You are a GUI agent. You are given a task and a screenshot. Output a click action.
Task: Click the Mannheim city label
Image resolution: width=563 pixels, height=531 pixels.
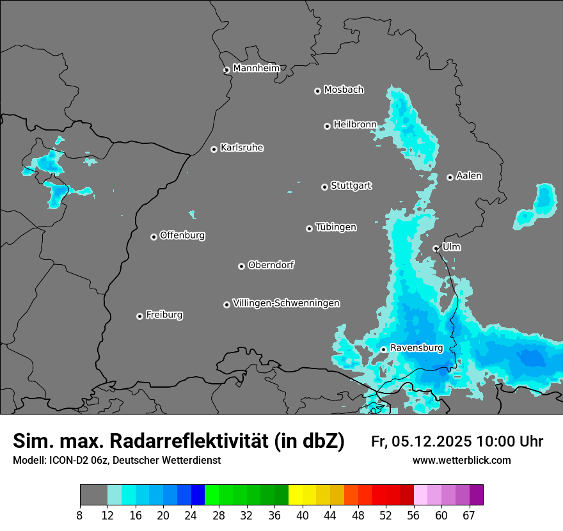[x=256, y=68]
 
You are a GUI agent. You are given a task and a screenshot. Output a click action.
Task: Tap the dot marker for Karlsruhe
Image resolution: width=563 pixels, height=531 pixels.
[x=214, y=149]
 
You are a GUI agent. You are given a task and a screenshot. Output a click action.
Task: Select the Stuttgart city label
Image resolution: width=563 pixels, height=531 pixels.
[x=351, y=186]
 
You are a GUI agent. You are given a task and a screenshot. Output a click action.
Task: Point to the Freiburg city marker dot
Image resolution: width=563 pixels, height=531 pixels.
[x=139, y=316]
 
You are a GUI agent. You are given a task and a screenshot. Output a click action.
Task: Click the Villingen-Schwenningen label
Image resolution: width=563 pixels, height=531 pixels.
[x=286, y=303]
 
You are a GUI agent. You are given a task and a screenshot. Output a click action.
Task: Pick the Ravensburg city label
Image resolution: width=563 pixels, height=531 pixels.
[x=416, y=348]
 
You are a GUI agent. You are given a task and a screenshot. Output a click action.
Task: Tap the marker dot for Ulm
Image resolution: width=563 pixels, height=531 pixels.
[x=436, y=248]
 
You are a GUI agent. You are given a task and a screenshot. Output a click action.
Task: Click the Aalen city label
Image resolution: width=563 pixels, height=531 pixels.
[x=469, y=176]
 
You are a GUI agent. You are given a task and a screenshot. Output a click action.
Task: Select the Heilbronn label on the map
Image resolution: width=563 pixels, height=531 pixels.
[x=354, y=124]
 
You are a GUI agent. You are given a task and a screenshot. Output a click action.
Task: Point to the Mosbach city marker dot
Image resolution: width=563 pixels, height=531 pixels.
[x=317, y=91]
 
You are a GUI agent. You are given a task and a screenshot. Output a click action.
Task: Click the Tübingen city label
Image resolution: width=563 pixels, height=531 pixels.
[x=336, y=227]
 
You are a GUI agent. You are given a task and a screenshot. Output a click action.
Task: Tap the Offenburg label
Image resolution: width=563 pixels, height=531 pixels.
[x=182, y=235]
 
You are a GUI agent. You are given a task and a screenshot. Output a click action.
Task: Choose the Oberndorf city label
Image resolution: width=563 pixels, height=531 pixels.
[x=271, y=265]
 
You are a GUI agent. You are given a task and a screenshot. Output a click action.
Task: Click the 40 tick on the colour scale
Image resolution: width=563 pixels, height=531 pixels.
[x=302, y=515]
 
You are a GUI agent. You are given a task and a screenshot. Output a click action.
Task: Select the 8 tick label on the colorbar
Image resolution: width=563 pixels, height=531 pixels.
[x=80, y=515]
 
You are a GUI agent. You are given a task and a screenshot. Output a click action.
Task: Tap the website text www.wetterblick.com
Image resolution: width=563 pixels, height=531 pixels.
[x=461, y=461]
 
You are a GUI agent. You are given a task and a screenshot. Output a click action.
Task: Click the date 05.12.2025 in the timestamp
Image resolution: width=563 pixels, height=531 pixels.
[x=432, y=441]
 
